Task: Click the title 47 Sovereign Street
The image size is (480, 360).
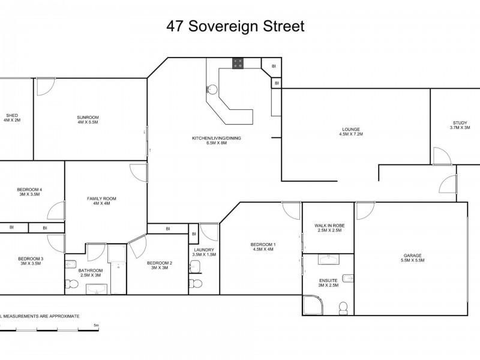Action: [235, 26]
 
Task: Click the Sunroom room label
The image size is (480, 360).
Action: [88, 119]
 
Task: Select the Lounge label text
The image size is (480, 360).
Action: [350, 131]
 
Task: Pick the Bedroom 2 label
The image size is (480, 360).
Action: [160, 265]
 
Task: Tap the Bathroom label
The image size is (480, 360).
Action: [91, 272]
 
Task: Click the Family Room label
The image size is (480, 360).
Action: [101, 200]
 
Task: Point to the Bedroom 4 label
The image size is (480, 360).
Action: [29, 192]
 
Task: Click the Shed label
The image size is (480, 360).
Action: [12, 117]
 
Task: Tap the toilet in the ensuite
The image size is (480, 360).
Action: [343, 308]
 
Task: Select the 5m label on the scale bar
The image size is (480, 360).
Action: [96, 325]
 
